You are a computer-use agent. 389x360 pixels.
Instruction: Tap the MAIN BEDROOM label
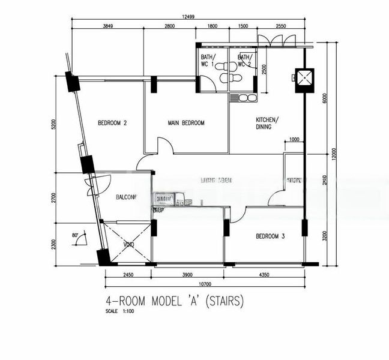pyautogui.click(x=186, y=123)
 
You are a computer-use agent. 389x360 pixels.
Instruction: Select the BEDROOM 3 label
pyautogui.click(x=270, y=236)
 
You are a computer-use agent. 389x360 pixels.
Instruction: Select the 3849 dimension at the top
pyautogui.click(x=108, y=26)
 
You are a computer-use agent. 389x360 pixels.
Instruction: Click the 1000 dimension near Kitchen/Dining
pyautogui.click(x=294, y=140)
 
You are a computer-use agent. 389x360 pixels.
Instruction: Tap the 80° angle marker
pyautogui.click(x=75, y=236)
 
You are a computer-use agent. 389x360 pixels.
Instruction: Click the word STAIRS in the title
pyautogui.click(x=225, y=301)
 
